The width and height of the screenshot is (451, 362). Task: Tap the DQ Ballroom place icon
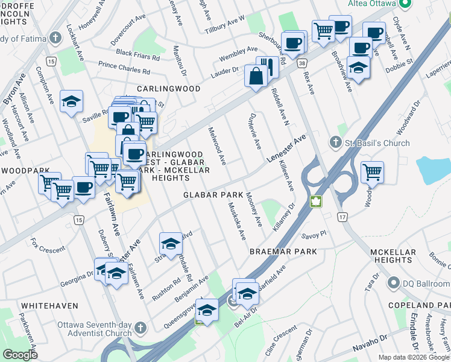[x=394, y=282]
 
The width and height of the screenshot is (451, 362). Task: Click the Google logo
[x=20, y=354]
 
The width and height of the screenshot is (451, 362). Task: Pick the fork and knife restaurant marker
[x=267, y=67]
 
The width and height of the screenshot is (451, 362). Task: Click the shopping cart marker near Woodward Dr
[x=372, y=172]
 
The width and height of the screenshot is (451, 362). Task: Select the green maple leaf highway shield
[x=316, y=202]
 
